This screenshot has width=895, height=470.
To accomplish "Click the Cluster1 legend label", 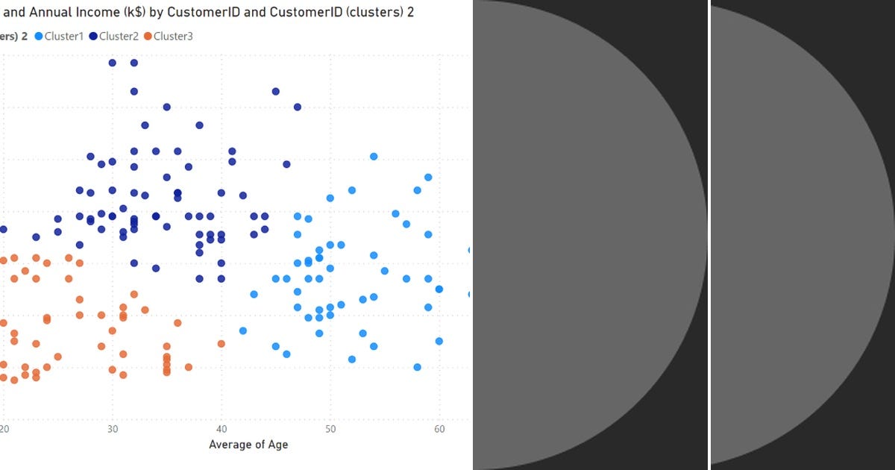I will tap(64, 36).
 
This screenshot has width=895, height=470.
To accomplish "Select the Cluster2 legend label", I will tap(119, 36).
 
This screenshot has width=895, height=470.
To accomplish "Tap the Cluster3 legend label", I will tap(173, 36).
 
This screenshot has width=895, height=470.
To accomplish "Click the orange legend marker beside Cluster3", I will tap(148, 36).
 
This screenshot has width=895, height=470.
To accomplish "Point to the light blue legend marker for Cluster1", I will tap(39, 36).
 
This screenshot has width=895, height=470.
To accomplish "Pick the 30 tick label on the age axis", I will tap(113, 429).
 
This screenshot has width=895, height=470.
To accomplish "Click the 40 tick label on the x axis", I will tap(222, 429).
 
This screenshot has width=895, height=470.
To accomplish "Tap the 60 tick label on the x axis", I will tap(439, 429).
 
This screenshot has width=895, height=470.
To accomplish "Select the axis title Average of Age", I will tap(248, 445).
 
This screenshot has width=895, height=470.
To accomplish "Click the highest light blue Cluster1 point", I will tap(374, 157).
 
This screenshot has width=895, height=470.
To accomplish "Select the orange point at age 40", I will tap(222, 344).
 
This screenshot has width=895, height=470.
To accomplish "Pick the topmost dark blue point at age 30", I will tap(113, 63).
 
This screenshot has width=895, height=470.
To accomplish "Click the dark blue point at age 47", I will tap(298, 107).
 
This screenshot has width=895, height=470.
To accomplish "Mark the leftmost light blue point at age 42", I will tap(243, 330).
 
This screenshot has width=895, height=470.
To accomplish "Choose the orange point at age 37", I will tap(189, 367).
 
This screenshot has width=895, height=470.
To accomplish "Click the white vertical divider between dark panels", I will tap(709, 235).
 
